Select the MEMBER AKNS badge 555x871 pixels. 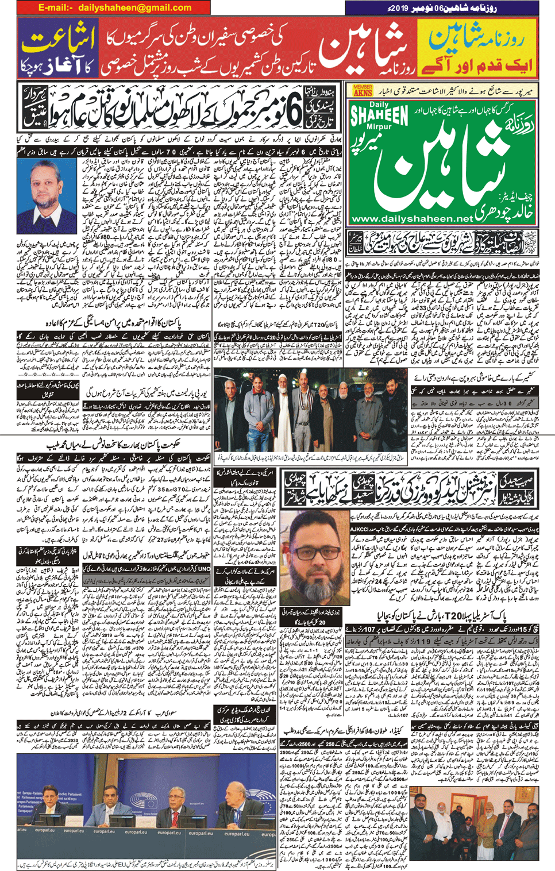[x=363, y=90]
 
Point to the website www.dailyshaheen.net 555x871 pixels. [x=411, y=219]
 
